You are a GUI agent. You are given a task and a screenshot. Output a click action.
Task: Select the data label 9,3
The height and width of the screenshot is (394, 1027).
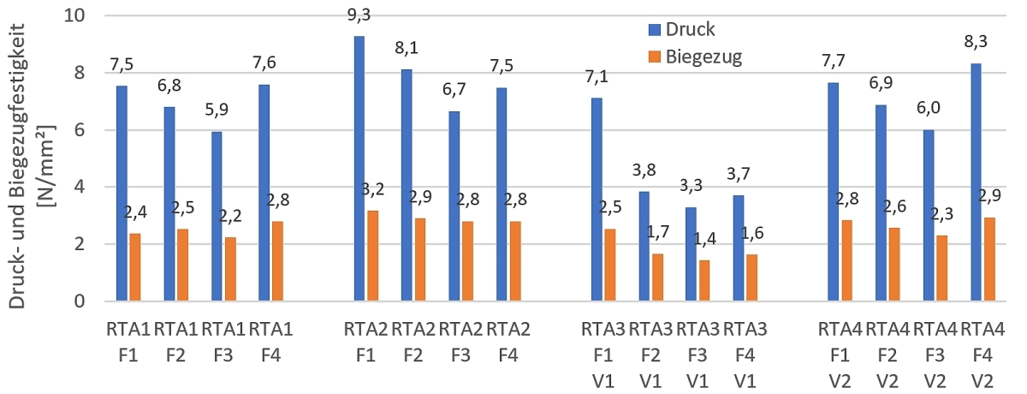pyautogui.click(x=359, y=17)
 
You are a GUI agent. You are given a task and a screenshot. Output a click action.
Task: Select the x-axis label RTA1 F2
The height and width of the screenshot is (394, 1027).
pyautogui.click(x=176, y=340)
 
